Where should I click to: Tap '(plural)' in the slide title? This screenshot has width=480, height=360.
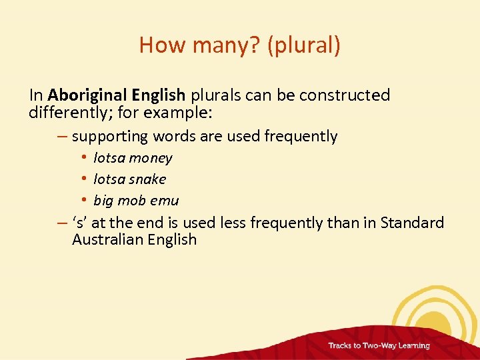pyautogui.click(x=304, y=45)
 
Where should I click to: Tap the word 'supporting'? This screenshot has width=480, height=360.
pyautogui.click(x=110, y=137)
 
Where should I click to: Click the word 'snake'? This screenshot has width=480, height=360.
pyautogui.click(x=147, y=179)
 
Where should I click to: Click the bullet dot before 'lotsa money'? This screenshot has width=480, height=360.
pyautogui.click(x=86, y=158)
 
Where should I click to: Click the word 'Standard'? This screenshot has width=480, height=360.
pyautogui.click(x=411, y=223)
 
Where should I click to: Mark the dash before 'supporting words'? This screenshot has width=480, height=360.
pyautogui.click(x=62, y=137)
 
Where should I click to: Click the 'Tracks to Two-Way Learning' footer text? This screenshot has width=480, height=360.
pyautogui.click(x=379, y=346)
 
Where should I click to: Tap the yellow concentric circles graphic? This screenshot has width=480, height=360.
pyautogui.click(x=437, y=313)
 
